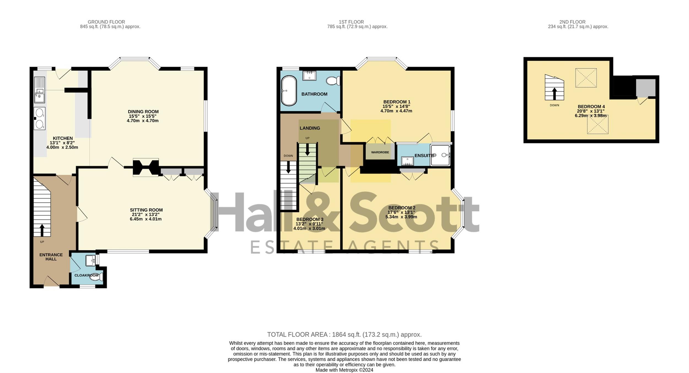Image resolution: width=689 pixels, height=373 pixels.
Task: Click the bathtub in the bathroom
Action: tap(289, 91)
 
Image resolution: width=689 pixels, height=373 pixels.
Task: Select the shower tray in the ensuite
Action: tap(440, 155)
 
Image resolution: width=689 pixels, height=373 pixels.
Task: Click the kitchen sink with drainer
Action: tap(39, 90)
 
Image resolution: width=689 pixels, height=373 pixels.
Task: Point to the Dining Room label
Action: tap(143, 112)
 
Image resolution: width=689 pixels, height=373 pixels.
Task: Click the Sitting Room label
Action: tap(146, 210)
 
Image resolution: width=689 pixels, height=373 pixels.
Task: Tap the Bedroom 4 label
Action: tap(591, 107)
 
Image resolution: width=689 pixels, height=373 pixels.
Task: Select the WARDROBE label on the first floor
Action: tap(380, 152)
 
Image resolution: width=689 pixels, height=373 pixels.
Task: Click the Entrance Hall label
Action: tap(51, 257)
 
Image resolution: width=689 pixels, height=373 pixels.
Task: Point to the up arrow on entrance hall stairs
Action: tap(42, 230)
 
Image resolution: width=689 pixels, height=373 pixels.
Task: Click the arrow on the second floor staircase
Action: tap(554, 94)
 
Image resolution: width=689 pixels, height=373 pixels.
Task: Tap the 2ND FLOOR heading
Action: tap(572, 22)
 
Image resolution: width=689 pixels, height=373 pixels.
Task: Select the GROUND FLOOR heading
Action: tap(106, 22)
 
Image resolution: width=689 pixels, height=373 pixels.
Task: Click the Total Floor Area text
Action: tap(344, 334)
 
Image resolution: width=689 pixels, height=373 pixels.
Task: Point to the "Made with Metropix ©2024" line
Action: tap(344, 370)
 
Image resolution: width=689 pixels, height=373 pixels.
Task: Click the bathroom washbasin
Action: tap(309, 75)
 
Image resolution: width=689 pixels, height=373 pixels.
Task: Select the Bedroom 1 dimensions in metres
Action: tap(396, 111)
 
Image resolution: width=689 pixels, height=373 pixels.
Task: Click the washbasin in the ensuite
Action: tap(407, 161)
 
